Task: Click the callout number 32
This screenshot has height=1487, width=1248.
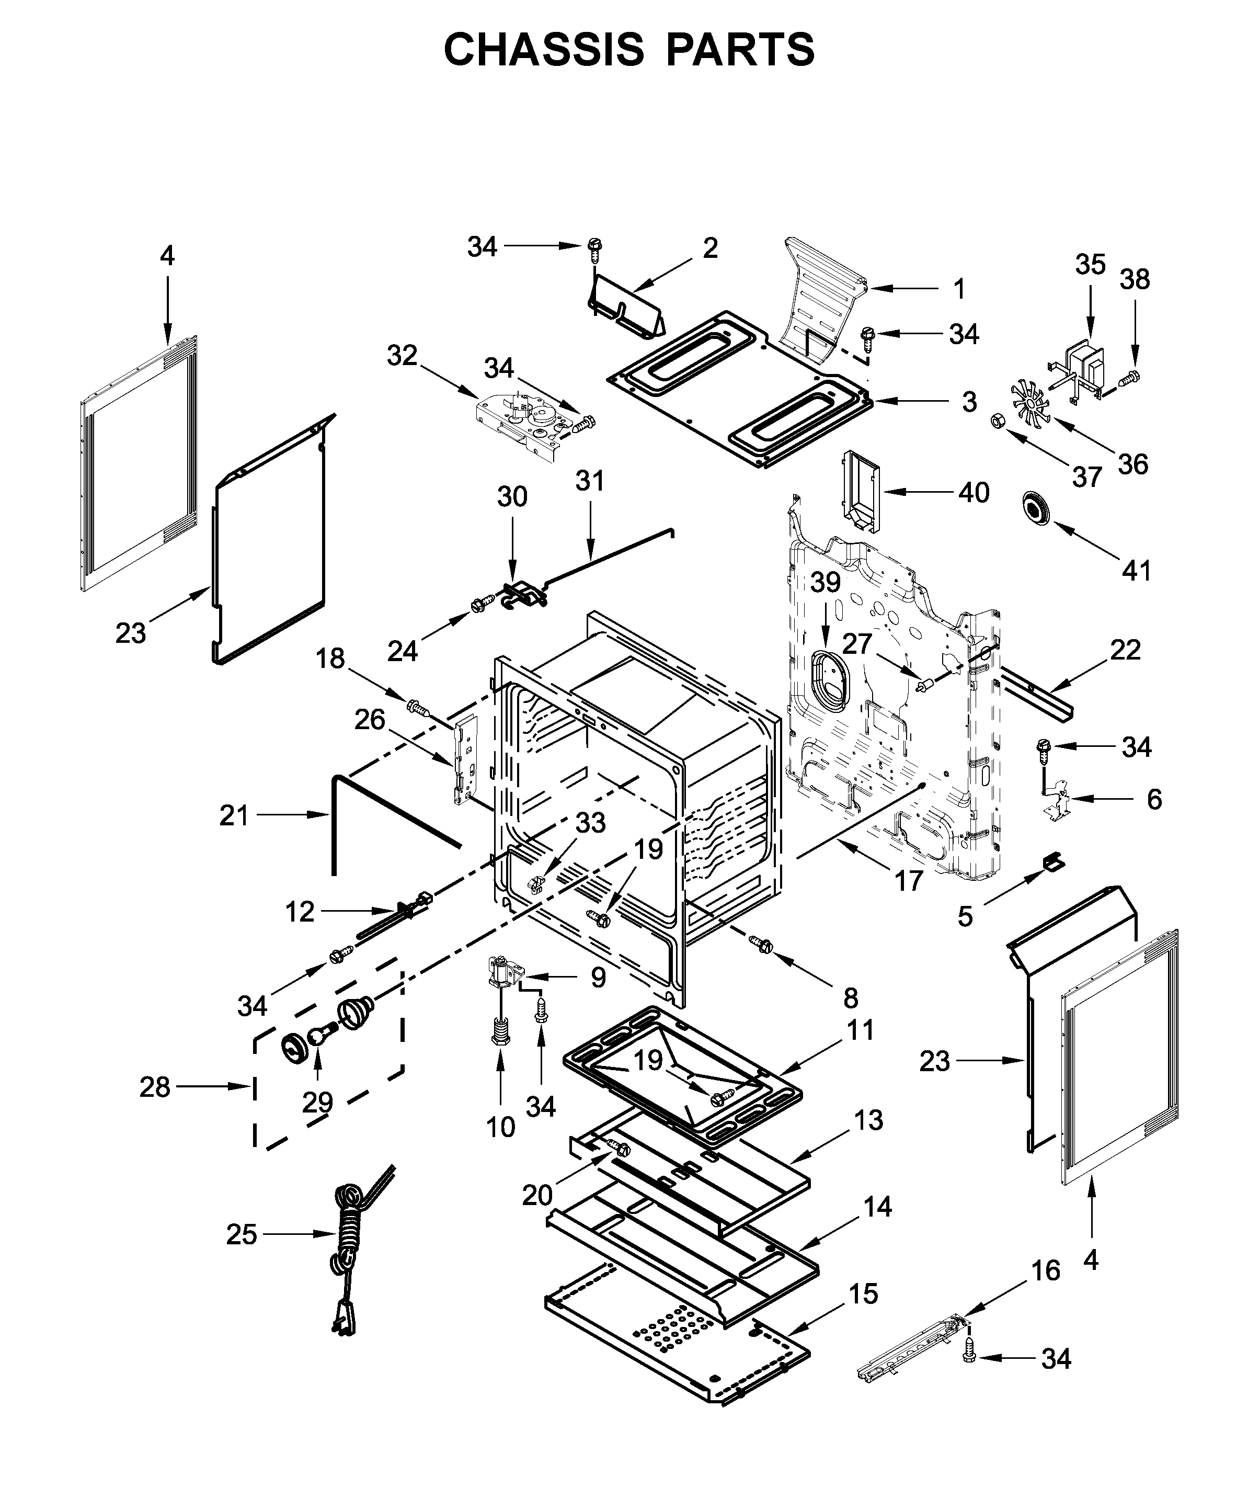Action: tap(402, 356)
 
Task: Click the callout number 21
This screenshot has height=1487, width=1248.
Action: tap(234, 816)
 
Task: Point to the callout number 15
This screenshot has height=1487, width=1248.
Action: tap(863, 1293)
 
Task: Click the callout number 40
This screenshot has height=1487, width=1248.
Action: tap(974, 492)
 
